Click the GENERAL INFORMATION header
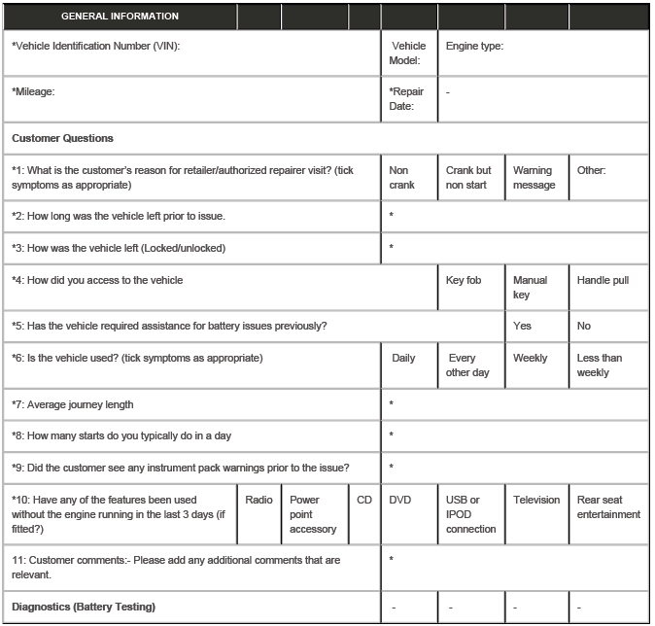tap(120, 17)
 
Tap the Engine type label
tap(473, 46)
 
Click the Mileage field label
tap(33, 91)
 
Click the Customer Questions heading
tap(62, 138)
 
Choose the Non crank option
tap(401, 177)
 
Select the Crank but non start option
tap(468, 177)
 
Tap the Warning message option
tap(534, 177)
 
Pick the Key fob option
tap(466, 280)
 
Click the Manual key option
tap(530, 287)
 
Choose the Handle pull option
tap(603, 280)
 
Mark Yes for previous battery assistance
tap(522, 326)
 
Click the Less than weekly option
tap(600, 365)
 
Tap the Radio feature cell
tap(259, 500)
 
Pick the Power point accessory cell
tap(312, 514)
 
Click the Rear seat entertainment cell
tap(608, 506)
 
